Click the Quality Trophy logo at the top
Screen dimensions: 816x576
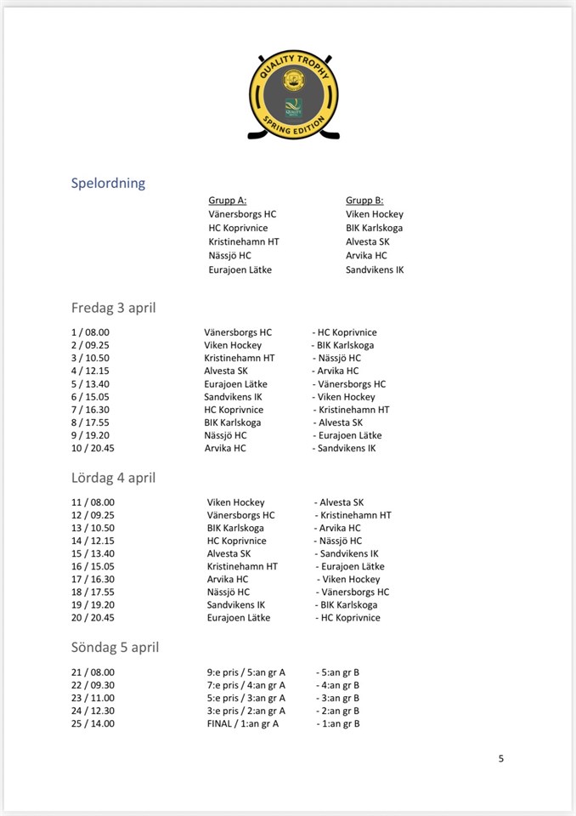(x=294, y=95)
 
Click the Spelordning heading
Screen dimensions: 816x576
(x=108, y=183)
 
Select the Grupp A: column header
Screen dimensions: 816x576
(x=228, y=201)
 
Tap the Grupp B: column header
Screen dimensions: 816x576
(x=364, y=201)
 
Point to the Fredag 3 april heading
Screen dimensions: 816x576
(x=113, y=308)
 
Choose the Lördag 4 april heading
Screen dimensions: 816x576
(x=113, y=478)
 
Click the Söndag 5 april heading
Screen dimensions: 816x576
(x=115, y=647)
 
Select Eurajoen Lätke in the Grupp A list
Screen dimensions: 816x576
(x=240, y=269)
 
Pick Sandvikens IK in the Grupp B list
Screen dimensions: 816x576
(x=375, y=269)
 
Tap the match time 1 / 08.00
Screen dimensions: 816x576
(x=90, y=332)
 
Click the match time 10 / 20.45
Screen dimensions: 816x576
(x=93, y=448)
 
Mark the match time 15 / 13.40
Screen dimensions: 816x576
(x=93, y=553)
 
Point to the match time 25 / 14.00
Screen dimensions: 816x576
(x=93, y=723)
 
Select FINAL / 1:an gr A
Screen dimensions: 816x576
(x=242, y=723)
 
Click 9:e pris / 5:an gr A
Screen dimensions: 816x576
(x=246, y=672)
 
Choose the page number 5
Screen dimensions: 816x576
(x=501, y=758)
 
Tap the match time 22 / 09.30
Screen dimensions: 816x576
(x=93, y=685)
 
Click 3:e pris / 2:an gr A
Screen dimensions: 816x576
(x=246, y=711)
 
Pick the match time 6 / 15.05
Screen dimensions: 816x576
(x=90, y=397)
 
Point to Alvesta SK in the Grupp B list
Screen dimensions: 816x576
(x=368, y=241)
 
